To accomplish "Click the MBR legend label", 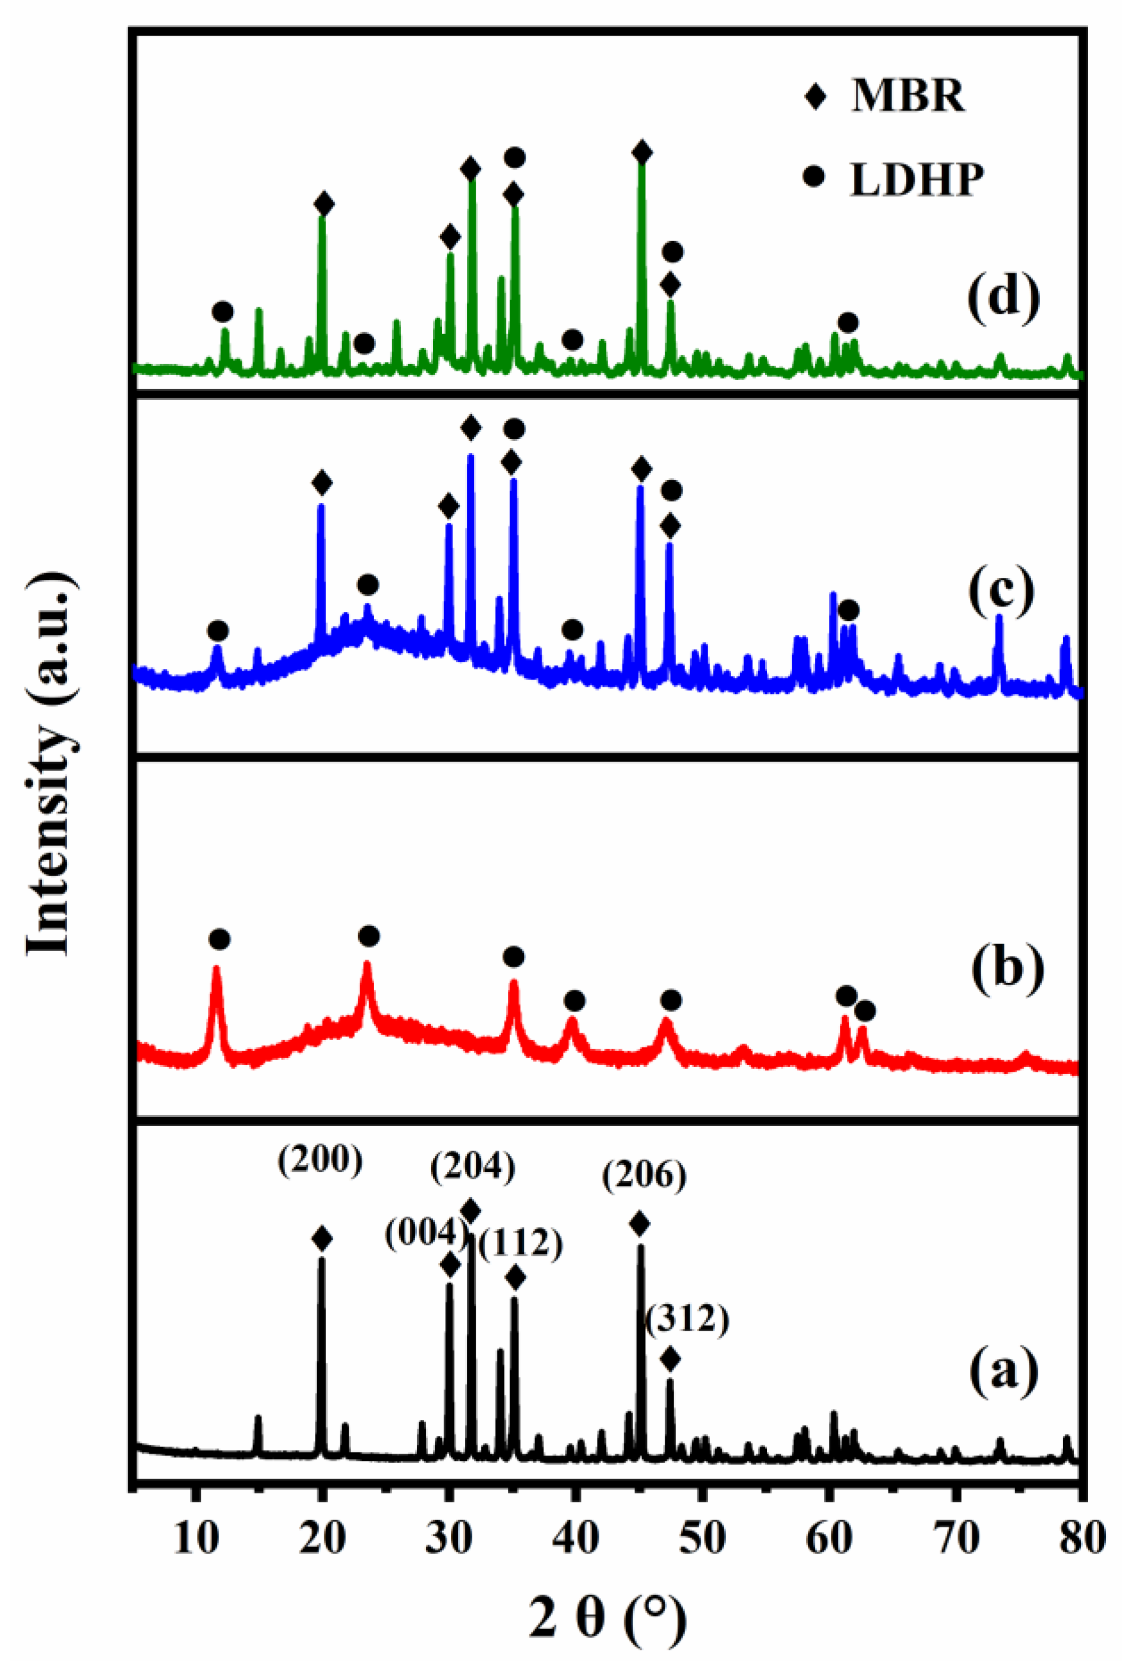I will [908, 95].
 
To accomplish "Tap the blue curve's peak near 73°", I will [999, 619].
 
